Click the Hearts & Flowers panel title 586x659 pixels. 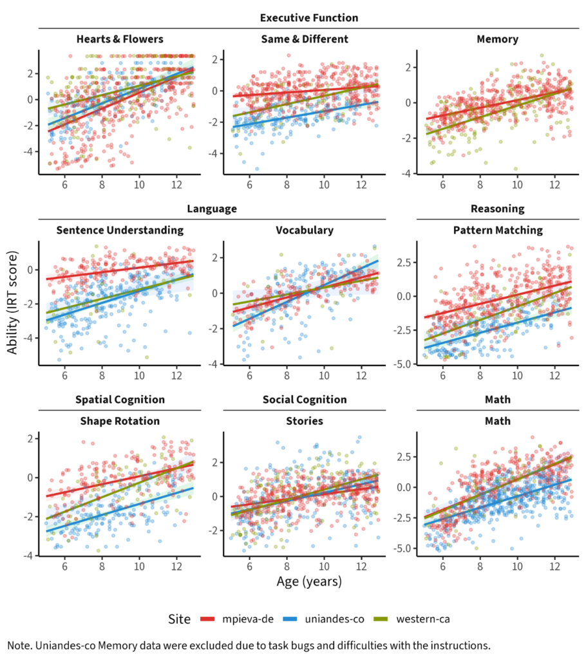pos(119,39)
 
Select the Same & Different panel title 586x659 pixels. pos(305,39)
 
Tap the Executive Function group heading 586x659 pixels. pos(309,17)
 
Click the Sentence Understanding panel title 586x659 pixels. pos(120,230)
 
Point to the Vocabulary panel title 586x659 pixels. pos(305,230)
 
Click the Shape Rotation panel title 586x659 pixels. pos(120,421)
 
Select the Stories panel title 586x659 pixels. pos(305,421)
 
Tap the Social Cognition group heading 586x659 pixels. pos(305,400)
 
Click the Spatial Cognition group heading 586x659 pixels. pos(120,400)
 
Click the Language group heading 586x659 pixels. pos(213,209)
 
